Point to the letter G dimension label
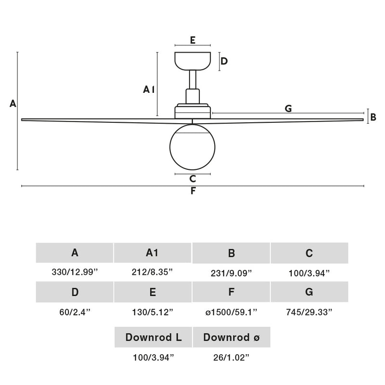pos(288,109)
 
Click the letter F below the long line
pos(192,191)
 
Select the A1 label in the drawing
pos(149,89)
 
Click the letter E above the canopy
pos(192,40)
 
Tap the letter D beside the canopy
pos(224,61)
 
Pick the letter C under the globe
pos(192,179)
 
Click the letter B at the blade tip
pos(373,116)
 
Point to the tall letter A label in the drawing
pos(13,103)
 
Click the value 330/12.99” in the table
pos(75,272)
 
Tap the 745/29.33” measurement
pos(309,312)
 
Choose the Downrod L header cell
pos(154,337)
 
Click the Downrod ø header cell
pos(231,337)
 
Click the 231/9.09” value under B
pos(231,273)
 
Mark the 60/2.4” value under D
pos(75,312)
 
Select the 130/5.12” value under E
pos(153,312)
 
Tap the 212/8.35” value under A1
pos(152,272)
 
